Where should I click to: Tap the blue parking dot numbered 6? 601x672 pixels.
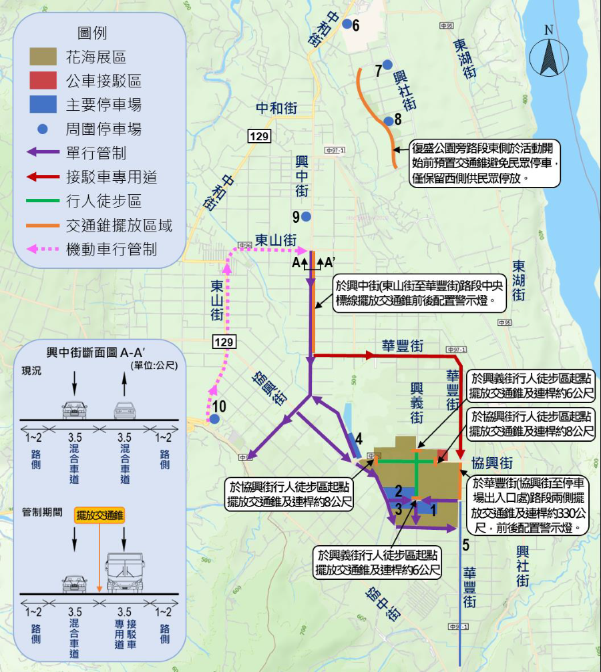tap(347, 24)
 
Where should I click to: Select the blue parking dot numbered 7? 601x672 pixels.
tap(387, 64)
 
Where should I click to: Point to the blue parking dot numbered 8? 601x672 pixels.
tap(388, 121)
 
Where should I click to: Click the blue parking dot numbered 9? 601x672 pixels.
tap(306, 216)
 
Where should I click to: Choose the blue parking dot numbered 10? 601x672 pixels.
tap(214, 418)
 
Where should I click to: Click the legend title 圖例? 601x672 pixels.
tap(92, 33)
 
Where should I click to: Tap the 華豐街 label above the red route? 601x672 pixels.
tap(403, 346)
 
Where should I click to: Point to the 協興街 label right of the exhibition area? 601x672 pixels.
tap(492, 463)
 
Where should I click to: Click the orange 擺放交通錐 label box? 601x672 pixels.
tap(100, 515)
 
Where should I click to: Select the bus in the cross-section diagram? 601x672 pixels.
tap(124, 573)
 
